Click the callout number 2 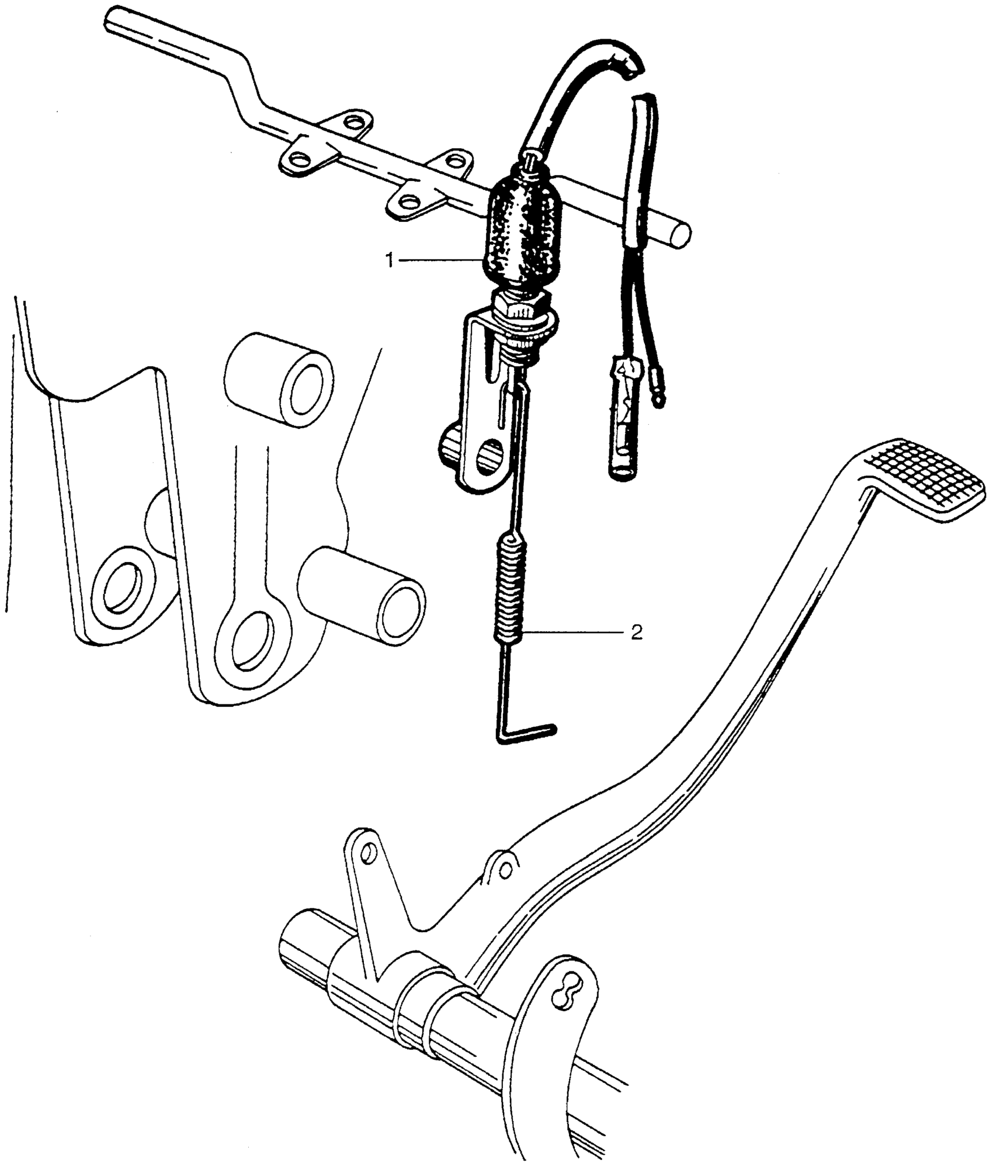click(637, 633)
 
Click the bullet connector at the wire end click(623, 421)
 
